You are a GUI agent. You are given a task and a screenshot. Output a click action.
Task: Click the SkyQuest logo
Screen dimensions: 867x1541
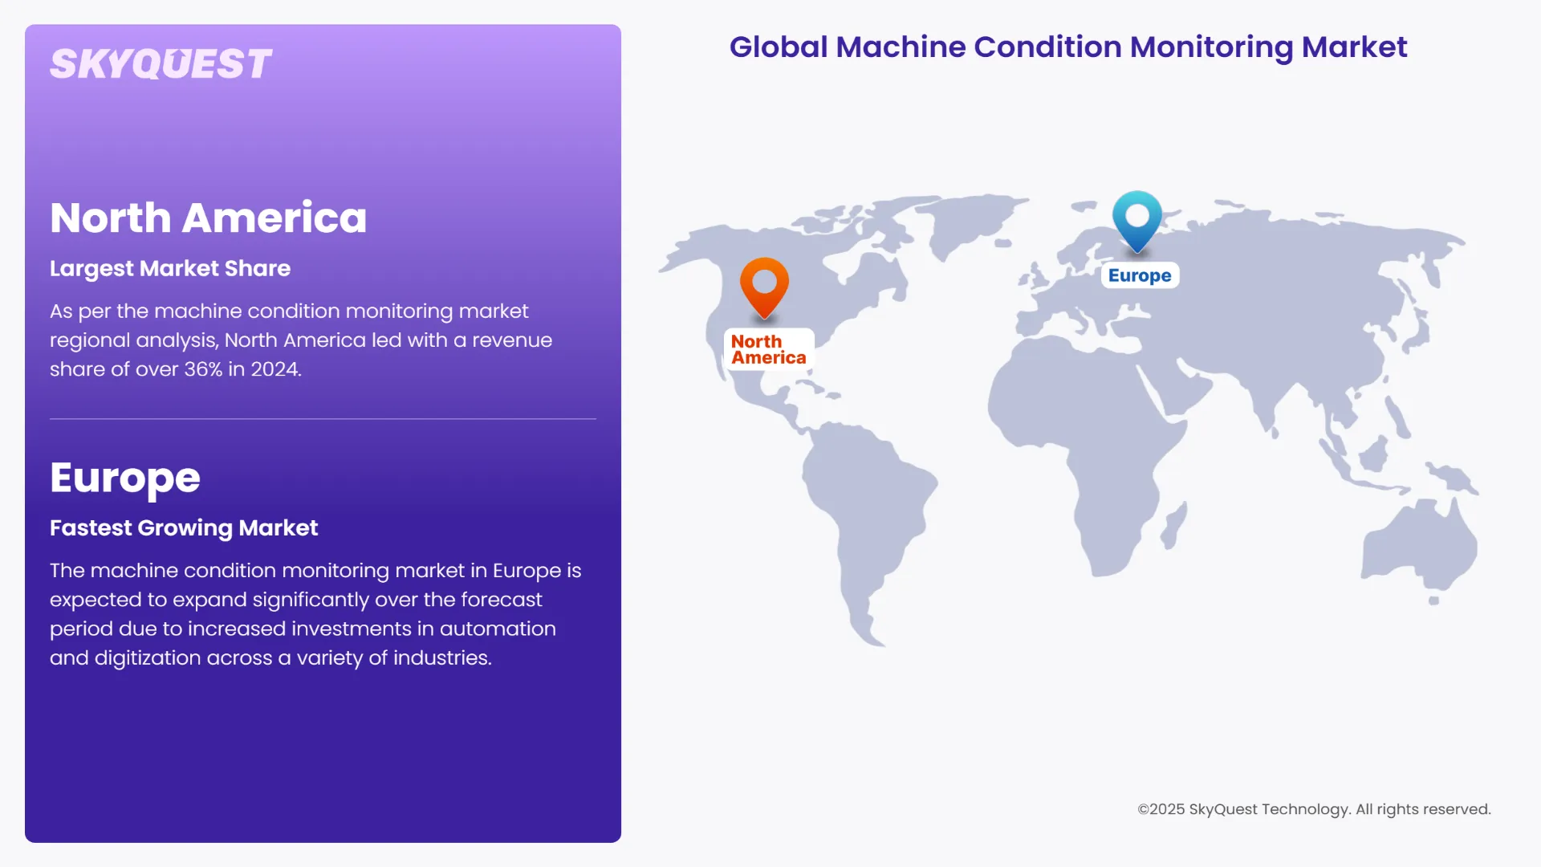coord(161,64)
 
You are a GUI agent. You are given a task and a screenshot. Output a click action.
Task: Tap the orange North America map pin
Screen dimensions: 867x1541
coord(764,284)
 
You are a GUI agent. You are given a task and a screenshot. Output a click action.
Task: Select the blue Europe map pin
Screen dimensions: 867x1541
coord(1137,218)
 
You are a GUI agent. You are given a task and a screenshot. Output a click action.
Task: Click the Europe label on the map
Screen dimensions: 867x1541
coord(1140,275)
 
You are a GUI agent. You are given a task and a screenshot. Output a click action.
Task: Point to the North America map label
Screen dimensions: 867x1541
coord(768,349)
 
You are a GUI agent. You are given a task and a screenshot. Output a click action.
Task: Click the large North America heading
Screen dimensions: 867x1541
coord(208,218)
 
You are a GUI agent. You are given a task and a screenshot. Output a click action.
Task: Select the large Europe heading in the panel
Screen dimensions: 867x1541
coord(125,478)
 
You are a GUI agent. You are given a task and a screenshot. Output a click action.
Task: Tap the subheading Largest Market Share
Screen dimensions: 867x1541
coord(170,268)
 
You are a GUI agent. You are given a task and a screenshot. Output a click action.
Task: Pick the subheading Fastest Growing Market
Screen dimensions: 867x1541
coord(184,527)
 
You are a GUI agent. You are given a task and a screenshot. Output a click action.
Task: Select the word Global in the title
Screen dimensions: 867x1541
coord(778,47)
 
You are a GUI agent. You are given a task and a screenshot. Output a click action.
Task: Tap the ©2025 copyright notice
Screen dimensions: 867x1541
coord(1314,809)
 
